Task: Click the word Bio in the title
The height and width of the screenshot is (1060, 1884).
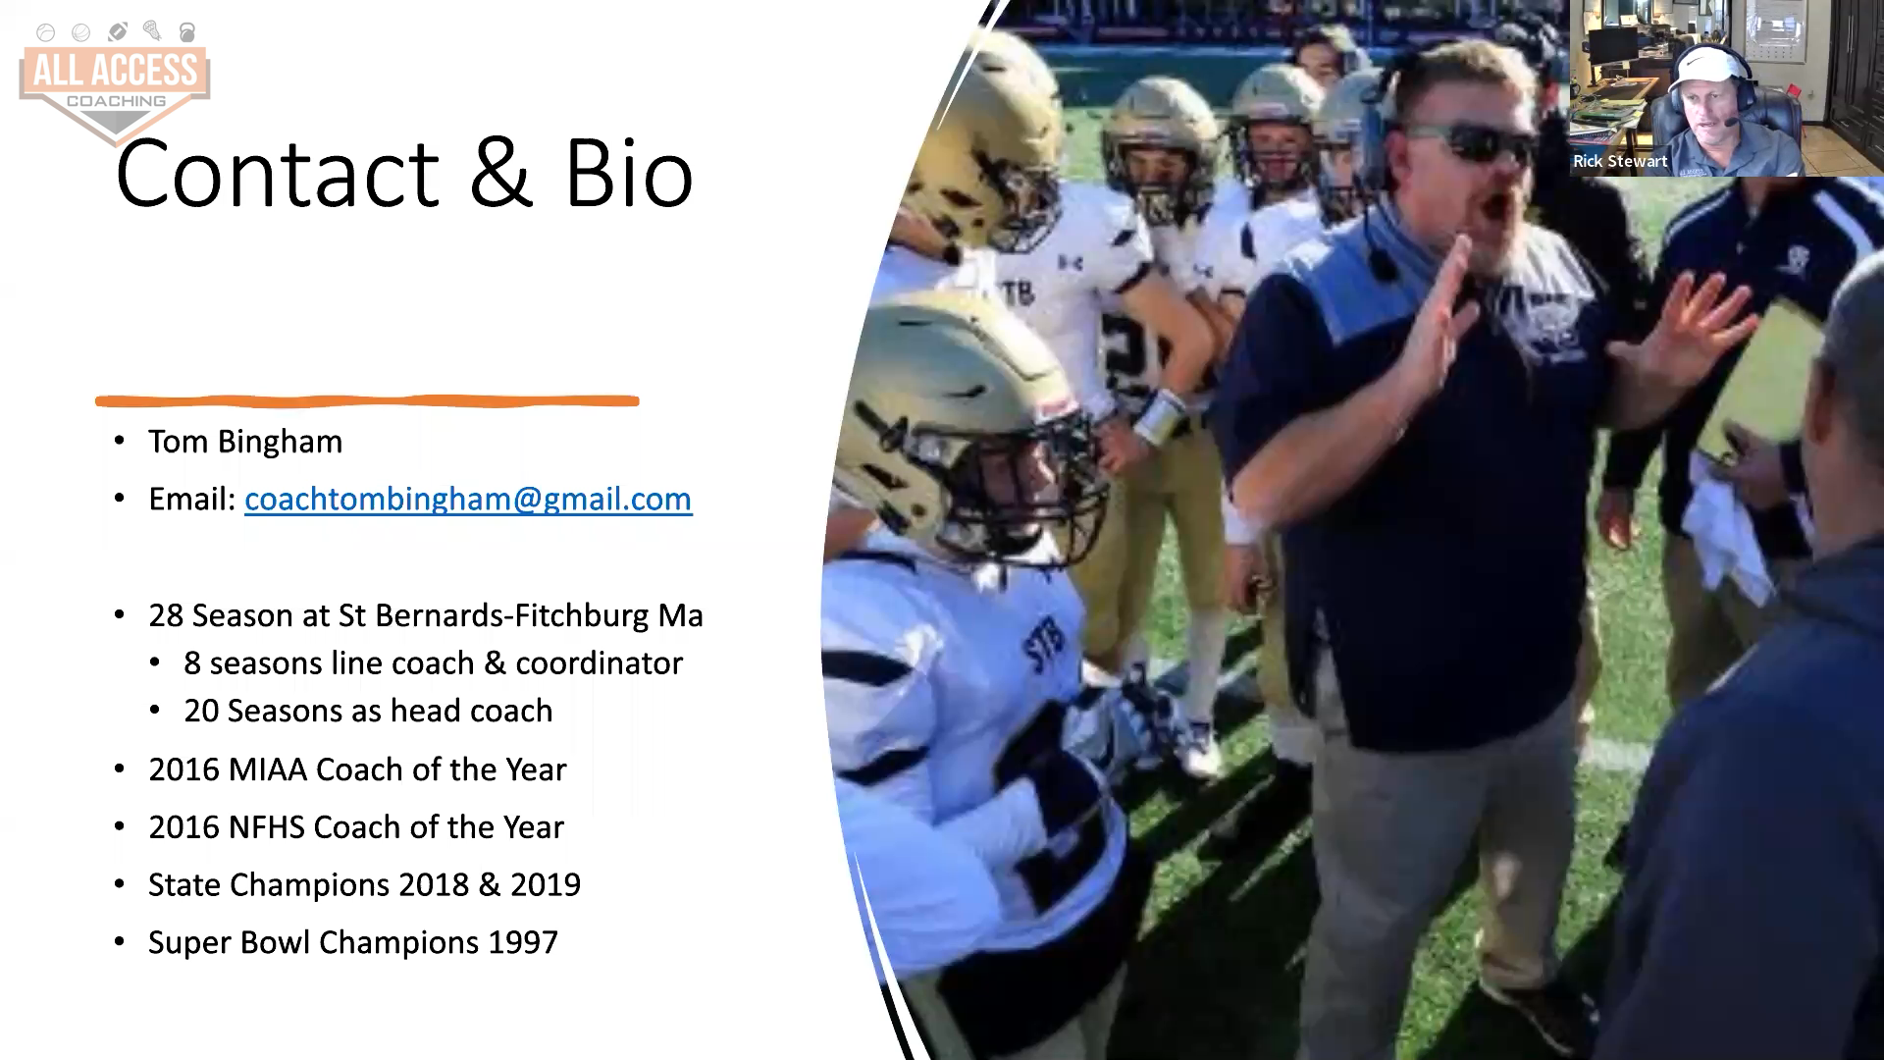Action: [629, 174]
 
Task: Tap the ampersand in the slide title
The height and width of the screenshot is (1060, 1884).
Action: [501, 174]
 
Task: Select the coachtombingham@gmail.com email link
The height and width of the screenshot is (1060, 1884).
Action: [468, 500]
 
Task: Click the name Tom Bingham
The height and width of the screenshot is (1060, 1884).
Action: [245, 442]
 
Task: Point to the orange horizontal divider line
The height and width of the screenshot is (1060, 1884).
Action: [367, 400]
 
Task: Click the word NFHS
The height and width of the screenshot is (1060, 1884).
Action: [266, 827]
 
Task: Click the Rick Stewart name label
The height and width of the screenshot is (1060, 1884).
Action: [1620, 161]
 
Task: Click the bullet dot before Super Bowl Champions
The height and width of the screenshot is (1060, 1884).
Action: [120, 942]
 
